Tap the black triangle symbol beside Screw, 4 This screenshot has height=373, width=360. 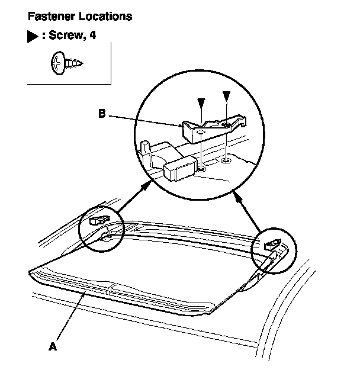click(32, 37)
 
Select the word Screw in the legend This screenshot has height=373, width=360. click(65, 36)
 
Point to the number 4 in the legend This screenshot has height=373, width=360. click(92, 36)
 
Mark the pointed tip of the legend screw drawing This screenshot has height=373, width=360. click(81, 61)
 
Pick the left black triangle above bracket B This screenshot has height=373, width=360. click(202, 103)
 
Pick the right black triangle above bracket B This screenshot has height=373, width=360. click(226, 95)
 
